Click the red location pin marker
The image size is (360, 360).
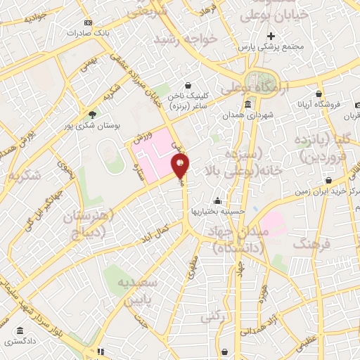coord(181,166)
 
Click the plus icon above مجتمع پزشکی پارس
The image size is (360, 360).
coord(271,36)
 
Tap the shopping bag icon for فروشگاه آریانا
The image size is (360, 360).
coord(319,94)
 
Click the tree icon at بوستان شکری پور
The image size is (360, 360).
coord(92,113)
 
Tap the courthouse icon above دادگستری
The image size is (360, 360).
coord(19,330)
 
